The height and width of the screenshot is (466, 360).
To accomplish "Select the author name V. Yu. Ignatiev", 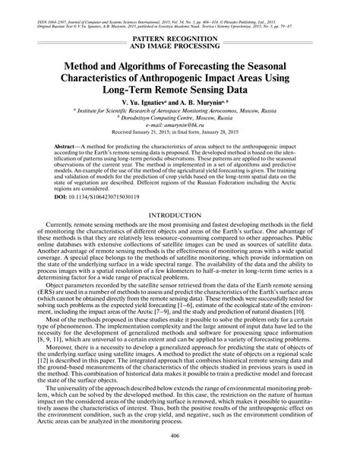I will pos(153,103).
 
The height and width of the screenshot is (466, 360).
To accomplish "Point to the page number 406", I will pos(180,456).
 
